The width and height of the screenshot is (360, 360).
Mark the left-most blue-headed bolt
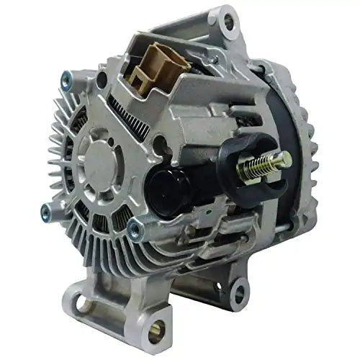[x=46, y=211]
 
